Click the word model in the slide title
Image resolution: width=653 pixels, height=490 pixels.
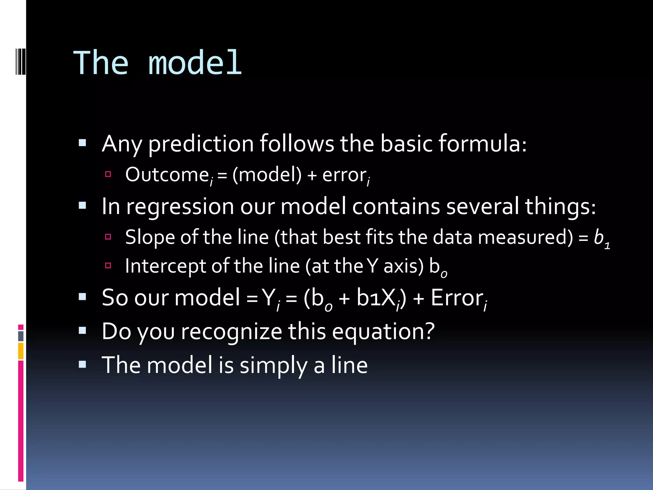pos(195,63)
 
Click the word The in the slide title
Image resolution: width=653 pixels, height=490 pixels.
pos(101,63)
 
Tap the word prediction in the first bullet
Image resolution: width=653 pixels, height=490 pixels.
pos(201,144)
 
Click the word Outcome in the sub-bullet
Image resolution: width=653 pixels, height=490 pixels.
pos(167,175)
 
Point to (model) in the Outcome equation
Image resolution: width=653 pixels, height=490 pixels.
pos(267,175)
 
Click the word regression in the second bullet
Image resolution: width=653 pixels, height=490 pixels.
pos(180,206)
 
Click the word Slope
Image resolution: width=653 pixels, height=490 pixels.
pos(150,238)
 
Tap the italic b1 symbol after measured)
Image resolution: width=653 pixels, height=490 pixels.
pos(601,238)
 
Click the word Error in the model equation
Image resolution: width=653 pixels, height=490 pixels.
pos(457,298)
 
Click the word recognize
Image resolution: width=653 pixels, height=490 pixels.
pos(231,332)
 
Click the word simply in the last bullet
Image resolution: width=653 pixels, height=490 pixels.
pos(274,366)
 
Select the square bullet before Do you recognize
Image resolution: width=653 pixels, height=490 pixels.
pos(83,330)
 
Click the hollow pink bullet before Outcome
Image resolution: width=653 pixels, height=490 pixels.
pos(108,174)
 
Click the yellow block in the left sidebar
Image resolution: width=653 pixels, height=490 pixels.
pos(21,351)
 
